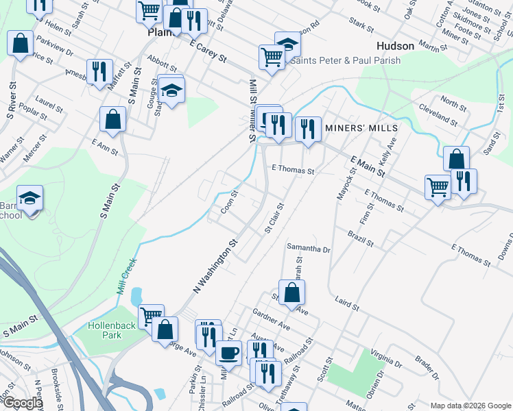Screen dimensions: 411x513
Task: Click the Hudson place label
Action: (396, 46)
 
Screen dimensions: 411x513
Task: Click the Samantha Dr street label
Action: (309, 248)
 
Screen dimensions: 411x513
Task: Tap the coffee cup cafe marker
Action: (228, 353)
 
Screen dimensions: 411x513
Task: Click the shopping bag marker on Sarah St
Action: (292, 292)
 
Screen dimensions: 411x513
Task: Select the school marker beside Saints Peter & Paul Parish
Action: (288, 45)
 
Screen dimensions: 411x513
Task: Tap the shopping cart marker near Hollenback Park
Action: (151, 316)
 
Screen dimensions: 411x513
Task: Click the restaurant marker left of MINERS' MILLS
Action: (308, 128)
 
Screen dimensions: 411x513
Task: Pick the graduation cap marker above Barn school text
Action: (30, 198)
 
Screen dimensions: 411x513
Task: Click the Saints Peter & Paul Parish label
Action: (346, 60)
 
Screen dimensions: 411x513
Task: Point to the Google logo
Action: (22, 403)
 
